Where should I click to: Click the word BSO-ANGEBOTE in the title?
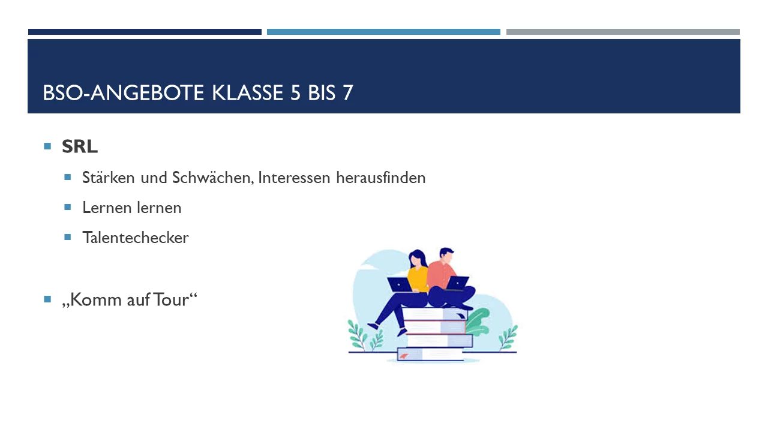123,92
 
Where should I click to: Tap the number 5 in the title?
295,92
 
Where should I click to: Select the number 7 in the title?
347,92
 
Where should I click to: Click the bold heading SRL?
80,147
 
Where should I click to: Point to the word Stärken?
108,178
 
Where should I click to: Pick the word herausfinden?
380,178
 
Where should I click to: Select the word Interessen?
294,178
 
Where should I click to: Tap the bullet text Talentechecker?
136,238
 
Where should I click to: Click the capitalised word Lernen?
107,208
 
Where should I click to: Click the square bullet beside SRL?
47,146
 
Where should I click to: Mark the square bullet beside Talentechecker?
68,237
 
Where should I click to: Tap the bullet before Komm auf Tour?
47,299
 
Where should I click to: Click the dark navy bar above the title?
145,32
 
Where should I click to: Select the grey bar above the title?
623,32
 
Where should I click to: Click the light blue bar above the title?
383,32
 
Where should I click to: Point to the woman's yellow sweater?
418,280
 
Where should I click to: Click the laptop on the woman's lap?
400,284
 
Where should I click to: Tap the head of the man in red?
446,256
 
